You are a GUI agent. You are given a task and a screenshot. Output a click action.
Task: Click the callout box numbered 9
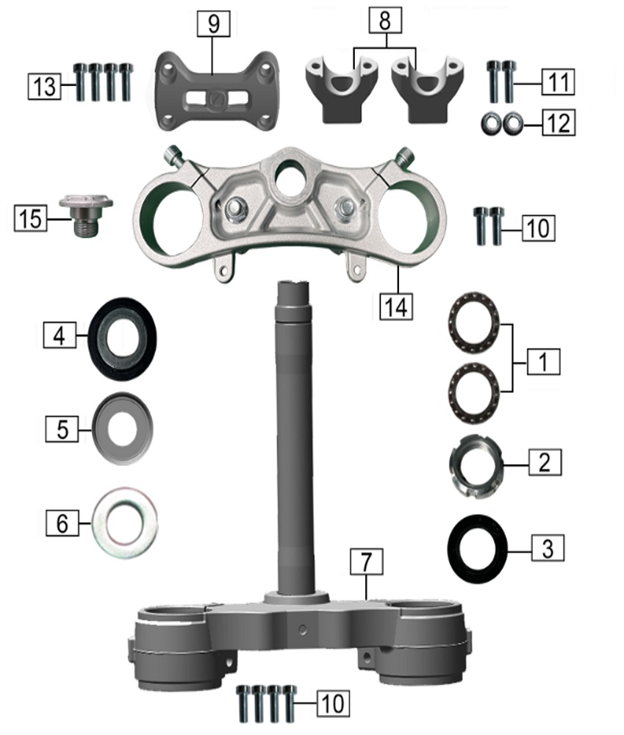[213, 24]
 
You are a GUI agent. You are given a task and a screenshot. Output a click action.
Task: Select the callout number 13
[45, 86]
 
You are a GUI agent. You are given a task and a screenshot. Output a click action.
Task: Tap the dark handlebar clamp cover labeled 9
[217, 91]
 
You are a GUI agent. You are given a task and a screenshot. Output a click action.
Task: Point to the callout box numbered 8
[385, 20]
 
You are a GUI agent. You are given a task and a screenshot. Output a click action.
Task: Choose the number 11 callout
[559, 82]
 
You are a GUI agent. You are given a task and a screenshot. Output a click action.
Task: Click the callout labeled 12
[559, 123]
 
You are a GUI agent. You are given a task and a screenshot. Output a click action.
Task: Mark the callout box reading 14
[396, 307]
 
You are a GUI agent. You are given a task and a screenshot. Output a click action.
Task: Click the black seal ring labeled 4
[122, 339]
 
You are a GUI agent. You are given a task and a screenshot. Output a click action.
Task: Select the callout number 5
[62, 429]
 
